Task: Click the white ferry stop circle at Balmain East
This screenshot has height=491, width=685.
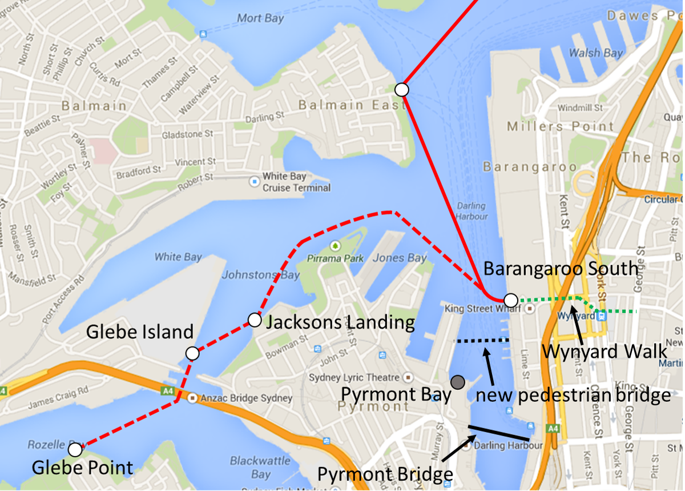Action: tap(402, 90)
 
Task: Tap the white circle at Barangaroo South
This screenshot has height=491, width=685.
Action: tap(511, 300)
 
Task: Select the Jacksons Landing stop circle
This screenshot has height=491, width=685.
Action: tap(255, 320)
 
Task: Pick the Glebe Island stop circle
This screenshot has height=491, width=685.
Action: tap(192, 353)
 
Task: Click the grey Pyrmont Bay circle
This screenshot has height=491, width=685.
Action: tap(457, 382)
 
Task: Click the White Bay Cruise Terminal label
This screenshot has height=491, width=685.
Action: tap(296, 182)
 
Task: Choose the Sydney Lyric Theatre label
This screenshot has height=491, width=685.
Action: tap(354, 378)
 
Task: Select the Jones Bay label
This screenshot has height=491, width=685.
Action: tap(400, 258)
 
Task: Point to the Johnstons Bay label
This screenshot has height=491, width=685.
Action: tap(260, 275)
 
